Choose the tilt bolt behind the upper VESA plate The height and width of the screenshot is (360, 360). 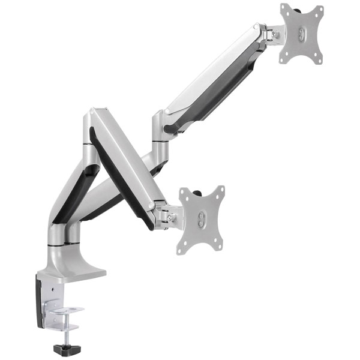(275, 34)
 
